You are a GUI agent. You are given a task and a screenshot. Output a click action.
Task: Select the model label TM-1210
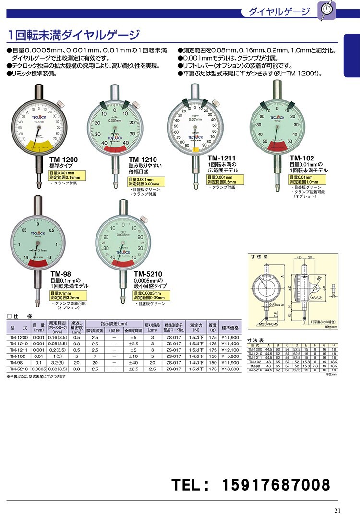click(x=142, y=160)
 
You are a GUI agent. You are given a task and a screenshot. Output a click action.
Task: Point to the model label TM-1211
click(x=222, y=158)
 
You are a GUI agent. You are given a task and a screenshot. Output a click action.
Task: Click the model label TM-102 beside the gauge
click(x=302, y=158)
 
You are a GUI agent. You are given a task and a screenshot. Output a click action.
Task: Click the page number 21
click(x=337, y=510)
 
